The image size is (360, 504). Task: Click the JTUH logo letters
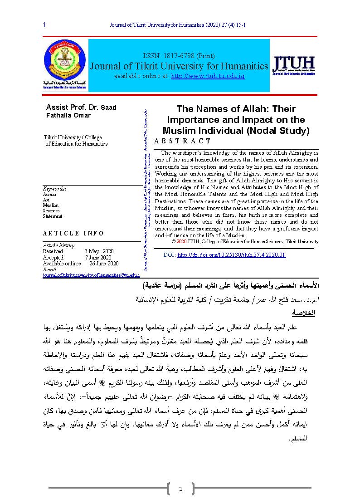[293, 64]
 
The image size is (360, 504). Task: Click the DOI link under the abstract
[231, 255]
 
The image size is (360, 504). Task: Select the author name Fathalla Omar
[68, 115]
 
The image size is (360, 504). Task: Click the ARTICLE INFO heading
[73, 234]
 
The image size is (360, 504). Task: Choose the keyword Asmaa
[49, 194]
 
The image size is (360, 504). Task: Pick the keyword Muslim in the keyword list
[51, 206]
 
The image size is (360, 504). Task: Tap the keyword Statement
[53, 216]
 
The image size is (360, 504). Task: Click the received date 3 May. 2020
[99, 251]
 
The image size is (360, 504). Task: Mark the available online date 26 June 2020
[104, 264]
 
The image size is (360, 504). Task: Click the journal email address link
[91, 275]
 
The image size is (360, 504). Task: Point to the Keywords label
[54, 189]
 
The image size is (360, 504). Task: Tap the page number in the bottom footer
[180, 489]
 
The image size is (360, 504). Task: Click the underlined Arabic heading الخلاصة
[303, 313]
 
